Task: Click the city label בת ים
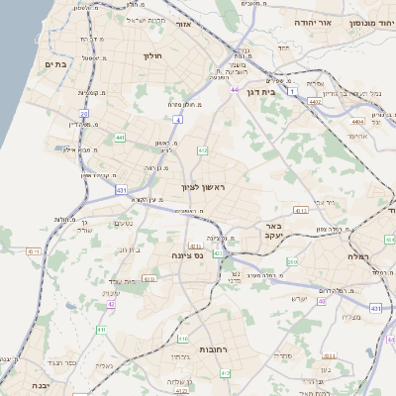pyautogui.click(x=53, y=64)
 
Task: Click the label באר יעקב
pyautogui.click(x=274, y=231)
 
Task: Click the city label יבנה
pyautogui.click(x=39, y=385)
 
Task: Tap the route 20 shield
pyautogui.click(x=85, y=115)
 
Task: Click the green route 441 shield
pyautogui.click(x=119, y=138)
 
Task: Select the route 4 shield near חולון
pyautogui.click(x=177, y=118)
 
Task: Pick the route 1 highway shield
pyautogui.click(x=293, y=91)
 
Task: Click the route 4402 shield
pyautogui.click(x=315, y=101)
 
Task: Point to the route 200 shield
pyautogui.click(x=292, y=261)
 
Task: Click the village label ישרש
pyautogui.click(x=298, y=298)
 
